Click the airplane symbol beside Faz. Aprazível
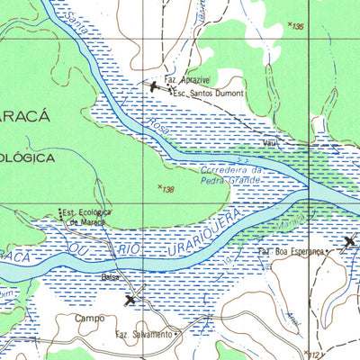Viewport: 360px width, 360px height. tap(154, 85)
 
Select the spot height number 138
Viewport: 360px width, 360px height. tap(166, 189)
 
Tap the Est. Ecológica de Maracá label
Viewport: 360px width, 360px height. tap(85, 217)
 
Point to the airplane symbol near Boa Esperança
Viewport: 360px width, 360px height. tap(351, 241)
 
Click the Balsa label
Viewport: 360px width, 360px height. tap(111, 277)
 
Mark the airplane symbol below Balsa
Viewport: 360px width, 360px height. tap(131, 300)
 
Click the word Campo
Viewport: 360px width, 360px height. tap(90, 318)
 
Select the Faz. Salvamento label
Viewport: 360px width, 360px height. tap(143, 334)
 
